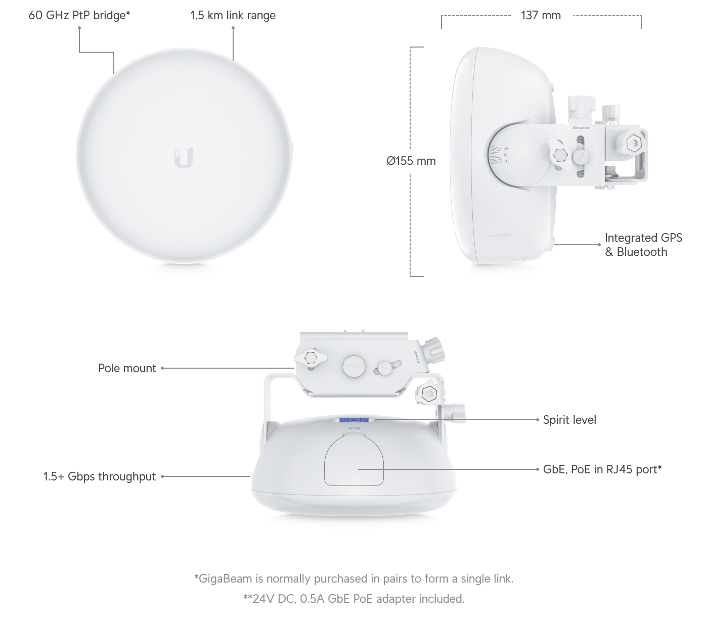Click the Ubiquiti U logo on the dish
[x=184, y=158]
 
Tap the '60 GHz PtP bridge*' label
[x=79, y=15]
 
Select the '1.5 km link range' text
[x=233, y=15]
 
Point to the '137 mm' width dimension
[x=541, y=15]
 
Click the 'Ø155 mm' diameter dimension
[x=411, y=161]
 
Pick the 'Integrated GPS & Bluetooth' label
[x=643, y=245]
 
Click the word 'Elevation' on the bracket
[x=581, y=127]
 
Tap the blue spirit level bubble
[x=353, y=420]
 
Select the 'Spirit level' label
[x=569, y=420]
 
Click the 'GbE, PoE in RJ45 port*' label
[x=602, y=469]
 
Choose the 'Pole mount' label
[x=127, y=368]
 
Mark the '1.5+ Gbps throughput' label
[x=100, y=476]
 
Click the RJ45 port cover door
[x=353, y=460]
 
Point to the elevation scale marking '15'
[x=506, y=149]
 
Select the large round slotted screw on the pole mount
[x=354, y=366]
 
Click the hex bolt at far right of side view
[x=634, y=142]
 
